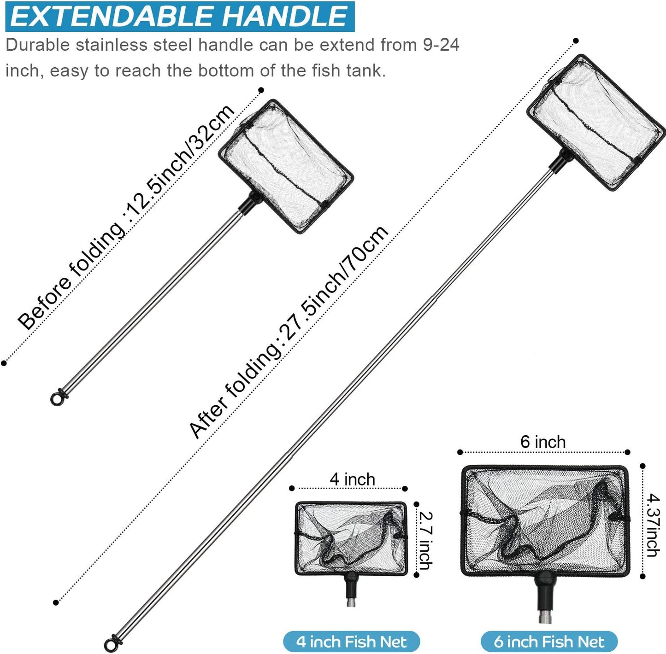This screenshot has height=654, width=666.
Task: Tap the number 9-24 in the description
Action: click(441, 45)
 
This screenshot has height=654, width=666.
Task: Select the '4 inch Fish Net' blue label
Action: click(351, 642)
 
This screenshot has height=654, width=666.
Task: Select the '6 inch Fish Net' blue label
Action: click(548, 642)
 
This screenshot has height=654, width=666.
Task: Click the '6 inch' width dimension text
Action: click(543, 442)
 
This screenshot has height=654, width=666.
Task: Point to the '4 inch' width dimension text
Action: click(352, 479)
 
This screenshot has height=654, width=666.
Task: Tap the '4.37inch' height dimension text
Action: click(653, 525)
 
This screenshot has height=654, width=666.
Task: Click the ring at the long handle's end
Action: click(111, 644)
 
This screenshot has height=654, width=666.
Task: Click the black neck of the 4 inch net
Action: click(351, 585)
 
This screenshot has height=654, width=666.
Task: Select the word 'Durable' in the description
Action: click(38, 45)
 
